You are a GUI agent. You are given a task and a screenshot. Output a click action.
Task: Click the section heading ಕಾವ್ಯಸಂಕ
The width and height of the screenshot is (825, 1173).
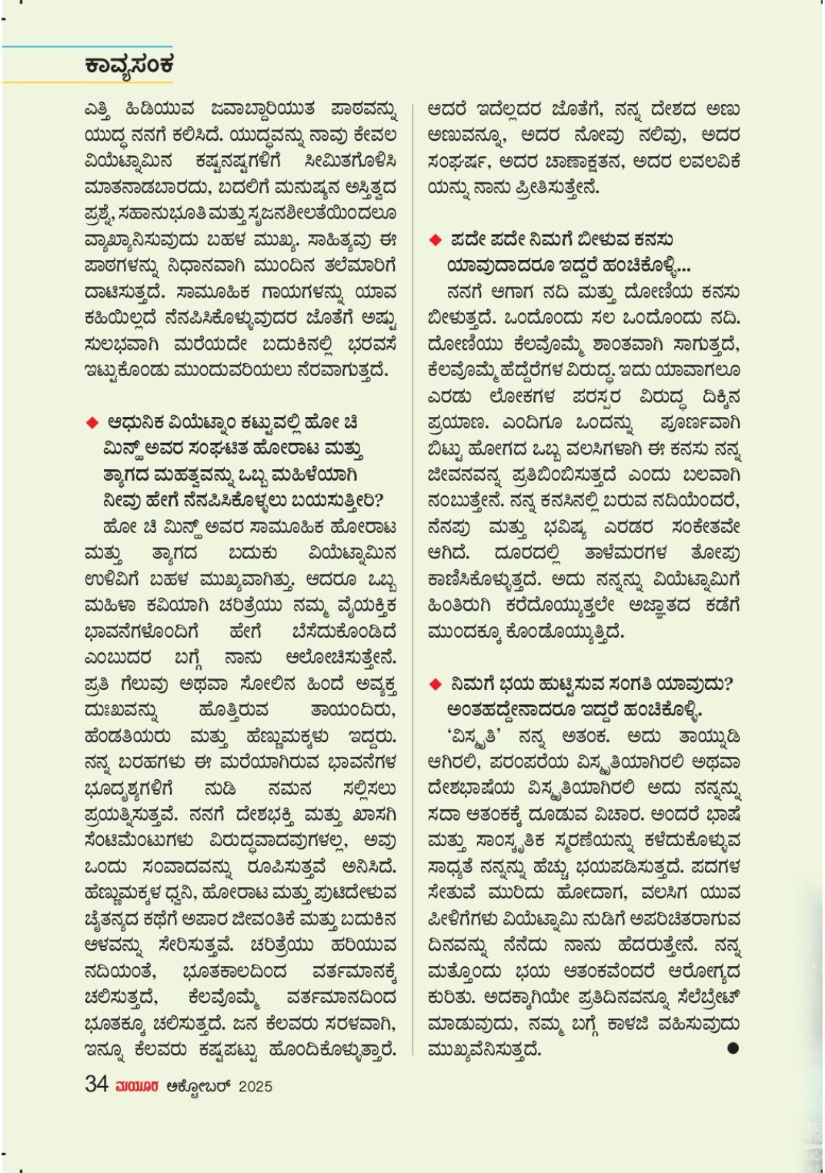129,65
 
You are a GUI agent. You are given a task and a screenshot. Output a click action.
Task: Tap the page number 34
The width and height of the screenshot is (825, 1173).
96,1084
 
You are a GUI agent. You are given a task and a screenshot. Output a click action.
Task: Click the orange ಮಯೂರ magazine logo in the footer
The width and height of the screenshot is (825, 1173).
137,1086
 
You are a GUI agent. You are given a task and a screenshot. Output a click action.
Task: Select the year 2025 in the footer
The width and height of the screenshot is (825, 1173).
256,1086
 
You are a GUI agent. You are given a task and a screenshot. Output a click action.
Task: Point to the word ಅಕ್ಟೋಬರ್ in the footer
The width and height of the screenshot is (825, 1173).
199,1086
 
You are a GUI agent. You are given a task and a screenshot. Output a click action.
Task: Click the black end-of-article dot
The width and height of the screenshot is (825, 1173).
733,1048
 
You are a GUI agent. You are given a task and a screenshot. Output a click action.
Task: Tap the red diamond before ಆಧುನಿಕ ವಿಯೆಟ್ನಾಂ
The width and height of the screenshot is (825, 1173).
92,422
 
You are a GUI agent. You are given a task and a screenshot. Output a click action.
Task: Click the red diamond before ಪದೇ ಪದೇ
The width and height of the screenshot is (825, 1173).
436,240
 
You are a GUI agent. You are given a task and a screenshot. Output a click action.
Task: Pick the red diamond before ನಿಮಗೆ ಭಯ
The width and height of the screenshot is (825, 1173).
436,684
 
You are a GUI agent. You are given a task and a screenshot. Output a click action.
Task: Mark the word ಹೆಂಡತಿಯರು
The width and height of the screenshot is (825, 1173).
128,736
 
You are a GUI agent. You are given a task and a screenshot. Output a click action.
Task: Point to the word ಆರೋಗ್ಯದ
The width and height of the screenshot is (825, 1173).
704,971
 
